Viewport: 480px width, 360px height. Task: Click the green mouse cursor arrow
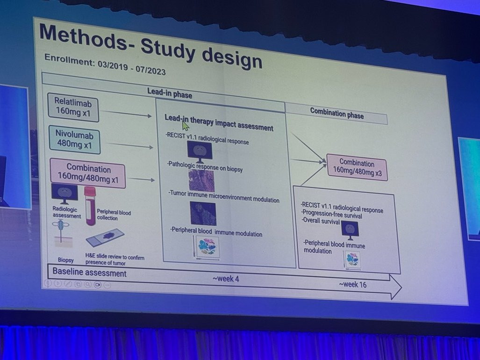tap(185, 126)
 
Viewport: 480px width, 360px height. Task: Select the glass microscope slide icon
tap(105, 238)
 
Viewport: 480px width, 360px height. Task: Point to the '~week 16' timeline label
tap(352, 284)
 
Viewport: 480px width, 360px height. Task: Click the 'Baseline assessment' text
tap(89, 273)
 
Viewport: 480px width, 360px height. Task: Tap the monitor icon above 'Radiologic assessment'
tap(64, 193)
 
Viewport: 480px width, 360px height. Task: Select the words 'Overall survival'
tap(321, 221)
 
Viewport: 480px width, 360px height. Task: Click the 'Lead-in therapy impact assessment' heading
tap(218, 122)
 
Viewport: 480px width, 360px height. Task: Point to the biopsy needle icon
tap(61, 232)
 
